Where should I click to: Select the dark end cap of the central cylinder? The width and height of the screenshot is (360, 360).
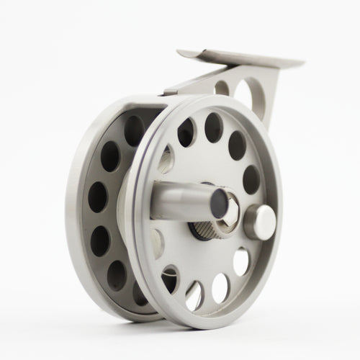(x=216, y=206)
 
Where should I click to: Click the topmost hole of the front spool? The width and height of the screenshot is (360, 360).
(x=214, y=127)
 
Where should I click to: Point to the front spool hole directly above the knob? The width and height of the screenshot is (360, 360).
(x=251, y=178)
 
